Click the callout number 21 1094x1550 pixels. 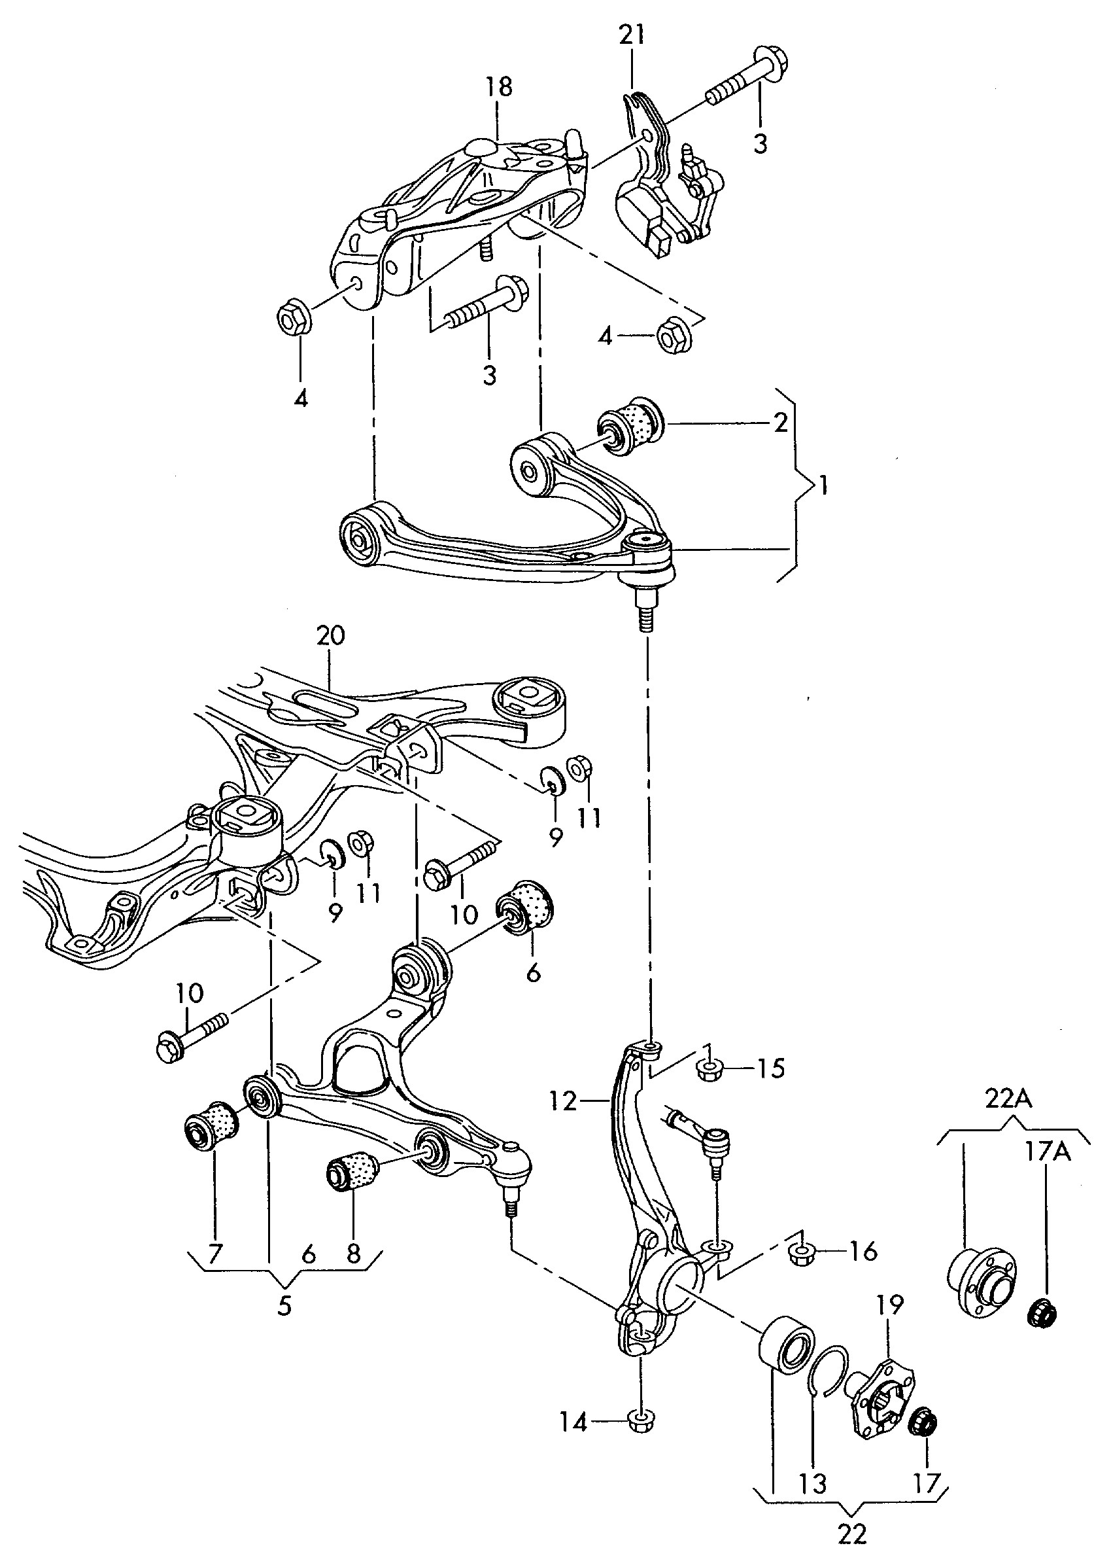[x=632, y=36]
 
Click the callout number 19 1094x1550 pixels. [x=889, y=1305]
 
